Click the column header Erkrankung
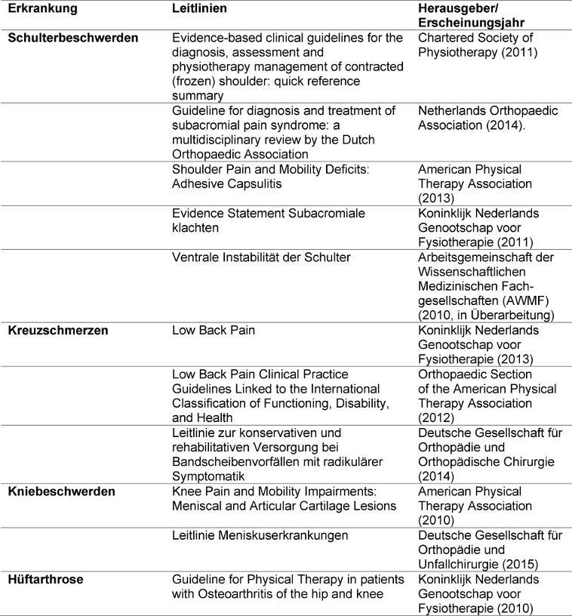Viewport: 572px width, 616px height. (x=38, y=8)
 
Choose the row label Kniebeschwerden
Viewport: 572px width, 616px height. (x=61, y=491)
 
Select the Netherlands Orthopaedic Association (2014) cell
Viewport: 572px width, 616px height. (x=488, y=118)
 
